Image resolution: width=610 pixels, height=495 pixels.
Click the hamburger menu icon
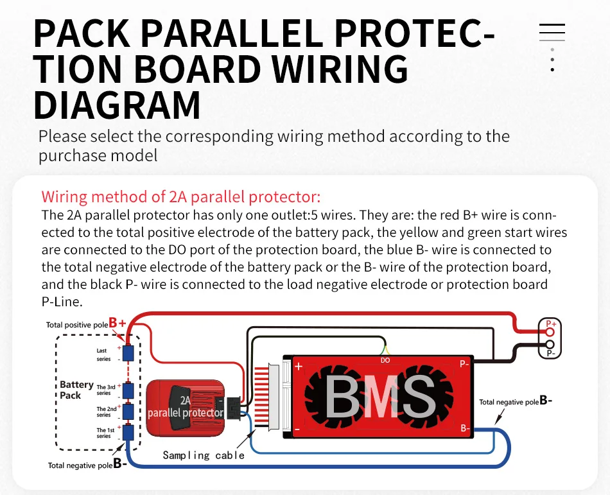point(552,32)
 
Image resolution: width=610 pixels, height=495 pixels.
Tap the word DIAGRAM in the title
point(117,105)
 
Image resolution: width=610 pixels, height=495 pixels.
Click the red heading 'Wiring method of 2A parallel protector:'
point(181,196)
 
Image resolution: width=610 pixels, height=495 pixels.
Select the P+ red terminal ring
point(550,332)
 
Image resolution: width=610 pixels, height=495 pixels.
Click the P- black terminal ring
point(550,345)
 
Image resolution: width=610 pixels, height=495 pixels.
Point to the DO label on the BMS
point(385,360)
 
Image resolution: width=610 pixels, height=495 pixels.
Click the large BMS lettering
point(380,396)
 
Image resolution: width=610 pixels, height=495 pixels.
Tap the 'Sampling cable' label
point(204,455)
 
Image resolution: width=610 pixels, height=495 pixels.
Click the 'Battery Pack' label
point(76,390)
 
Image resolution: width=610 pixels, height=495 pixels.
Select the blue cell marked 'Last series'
point(128,353)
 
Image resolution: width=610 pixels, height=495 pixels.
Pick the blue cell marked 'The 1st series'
point(128,432)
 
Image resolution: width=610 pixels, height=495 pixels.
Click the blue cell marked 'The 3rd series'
point(128,390)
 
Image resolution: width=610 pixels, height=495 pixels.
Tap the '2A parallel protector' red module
point(185,408)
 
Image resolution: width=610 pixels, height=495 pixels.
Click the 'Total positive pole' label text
point(77,325)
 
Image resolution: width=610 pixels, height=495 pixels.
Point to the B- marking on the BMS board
point(466,428)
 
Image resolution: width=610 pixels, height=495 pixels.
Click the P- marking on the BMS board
point(464,364)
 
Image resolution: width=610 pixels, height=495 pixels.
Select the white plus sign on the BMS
point(299,367)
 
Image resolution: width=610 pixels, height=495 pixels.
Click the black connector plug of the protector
point(234,408)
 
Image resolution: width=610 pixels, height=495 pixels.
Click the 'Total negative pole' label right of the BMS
point(509,402)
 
